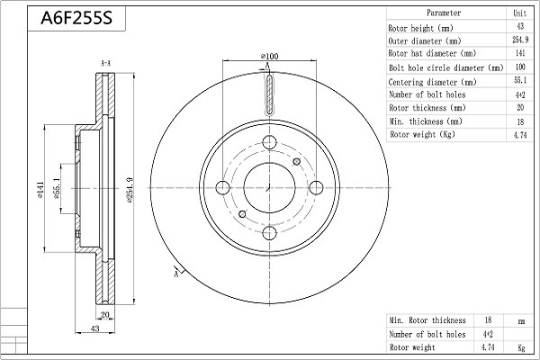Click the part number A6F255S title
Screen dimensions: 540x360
(76, 18)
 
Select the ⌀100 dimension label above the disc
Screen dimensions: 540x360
(270, 56)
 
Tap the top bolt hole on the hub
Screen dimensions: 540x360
(269, 142)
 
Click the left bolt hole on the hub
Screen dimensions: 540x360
(223, 188)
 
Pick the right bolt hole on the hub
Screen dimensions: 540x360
(316, 188)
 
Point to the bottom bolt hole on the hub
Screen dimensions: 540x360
(269, 233)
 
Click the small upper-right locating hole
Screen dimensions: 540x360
(296, 161)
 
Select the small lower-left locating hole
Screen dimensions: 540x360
(242, 214)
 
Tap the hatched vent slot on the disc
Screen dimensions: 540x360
(269, 94)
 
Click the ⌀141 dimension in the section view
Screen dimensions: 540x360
(40, 190)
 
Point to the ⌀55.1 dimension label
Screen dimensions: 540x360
(58, 189)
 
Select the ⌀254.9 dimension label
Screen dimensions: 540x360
(130, 190)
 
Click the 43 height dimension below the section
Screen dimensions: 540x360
(94, 328)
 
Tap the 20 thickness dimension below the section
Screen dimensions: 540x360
(104, 314)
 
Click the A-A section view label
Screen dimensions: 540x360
(105, 63)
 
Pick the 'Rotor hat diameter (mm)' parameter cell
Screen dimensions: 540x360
(432, 54)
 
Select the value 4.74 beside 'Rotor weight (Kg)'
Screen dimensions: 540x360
(520, 135)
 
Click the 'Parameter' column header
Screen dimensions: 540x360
(444, 13)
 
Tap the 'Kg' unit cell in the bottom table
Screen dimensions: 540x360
(521, 347)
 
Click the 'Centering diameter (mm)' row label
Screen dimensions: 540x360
(432, 82)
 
